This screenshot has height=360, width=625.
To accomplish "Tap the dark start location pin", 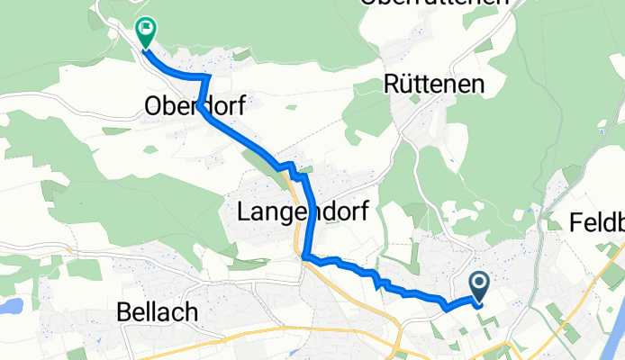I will point(478,287).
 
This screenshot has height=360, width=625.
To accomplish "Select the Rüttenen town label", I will point(434,85).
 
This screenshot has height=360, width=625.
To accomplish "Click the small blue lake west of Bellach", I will point(8,306).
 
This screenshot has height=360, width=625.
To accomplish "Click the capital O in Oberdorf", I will point(153,107).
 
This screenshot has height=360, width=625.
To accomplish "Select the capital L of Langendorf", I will point(243,211).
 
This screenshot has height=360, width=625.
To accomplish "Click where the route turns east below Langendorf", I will point(306,257).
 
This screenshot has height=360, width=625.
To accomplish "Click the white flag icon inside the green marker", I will point(144,28).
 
